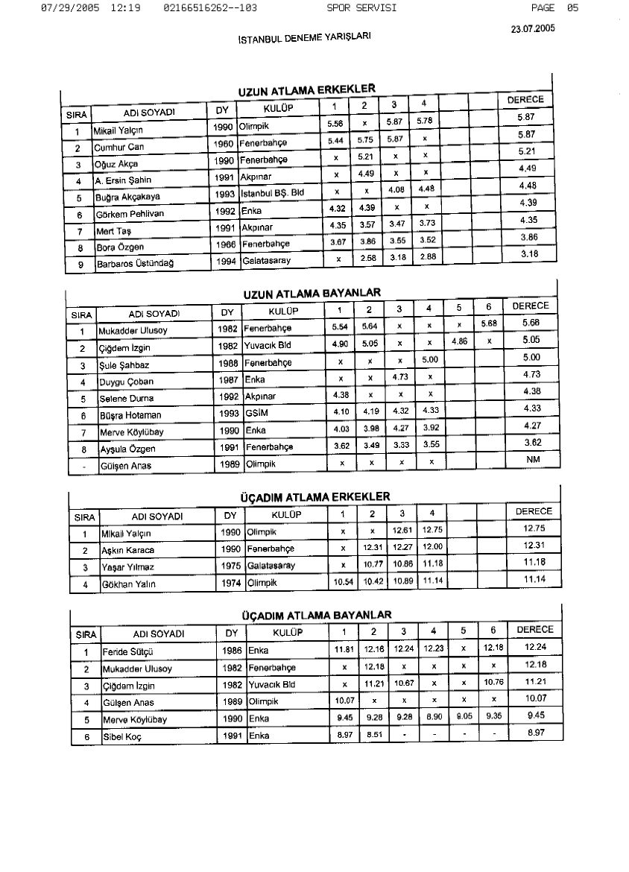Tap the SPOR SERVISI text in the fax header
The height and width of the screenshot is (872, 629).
point(361,7)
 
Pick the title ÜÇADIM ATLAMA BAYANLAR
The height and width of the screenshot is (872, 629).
point(316,615)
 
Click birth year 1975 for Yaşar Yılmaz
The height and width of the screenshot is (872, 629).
point(231,566)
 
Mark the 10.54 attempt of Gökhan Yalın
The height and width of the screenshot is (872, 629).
point(343,581)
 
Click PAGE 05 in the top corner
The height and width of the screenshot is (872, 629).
point(554,7)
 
